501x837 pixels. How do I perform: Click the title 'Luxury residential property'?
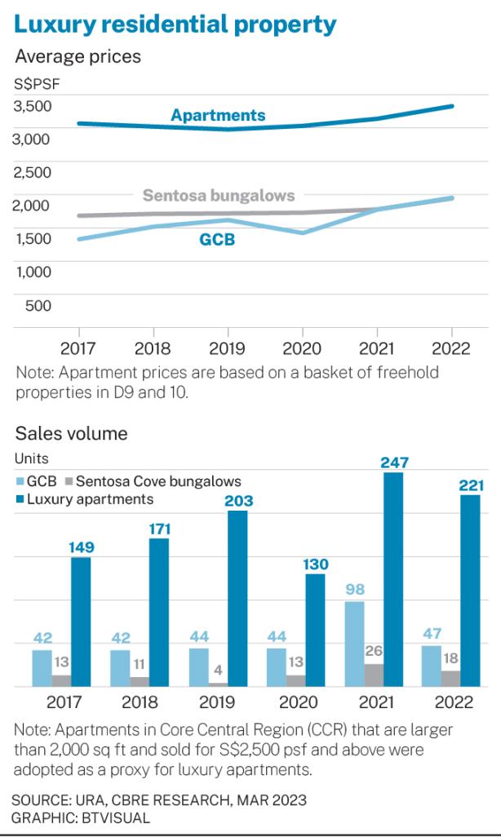[x=175, y=24]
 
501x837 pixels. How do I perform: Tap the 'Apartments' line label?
[x=218, y=115]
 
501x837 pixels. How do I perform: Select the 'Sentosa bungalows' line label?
[x=219, y=196]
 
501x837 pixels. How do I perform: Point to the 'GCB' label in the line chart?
[x=217, y=240]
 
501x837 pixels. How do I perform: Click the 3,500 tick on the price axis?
[x=33, y=105]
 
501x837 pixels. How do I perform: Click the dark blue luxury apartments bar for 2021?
[x=393, y=579]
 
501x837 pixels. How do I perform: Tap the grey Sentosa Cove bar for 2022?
[x=450, y=679]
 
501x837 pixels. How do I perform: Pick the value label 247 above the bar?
[x=393, y=463]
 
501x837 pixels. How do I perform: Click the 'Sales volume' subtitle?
[x=71, y=433]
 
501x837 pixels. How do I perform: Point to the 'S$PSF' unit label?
[x=36, y=82]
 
